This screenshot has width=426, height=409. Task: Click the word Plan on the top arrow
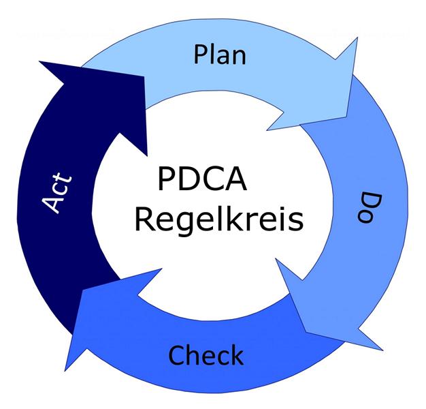219,55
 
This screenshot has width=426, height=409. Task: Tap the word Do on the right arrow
368,207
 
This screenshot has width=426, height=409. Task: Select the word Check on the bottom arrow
206,355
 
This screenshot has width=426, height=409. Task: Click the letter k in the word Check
235,354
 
